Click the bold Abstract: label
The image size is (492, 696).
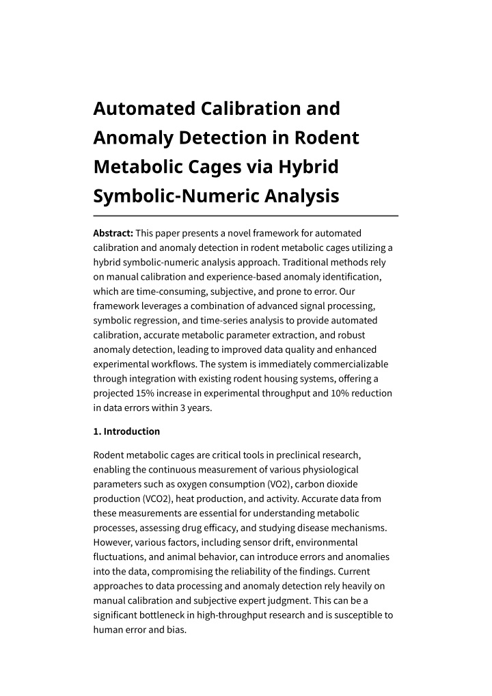113,233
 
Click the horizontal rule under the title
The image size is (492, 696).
245,215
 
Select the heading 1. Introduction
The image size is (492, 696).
126,431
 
